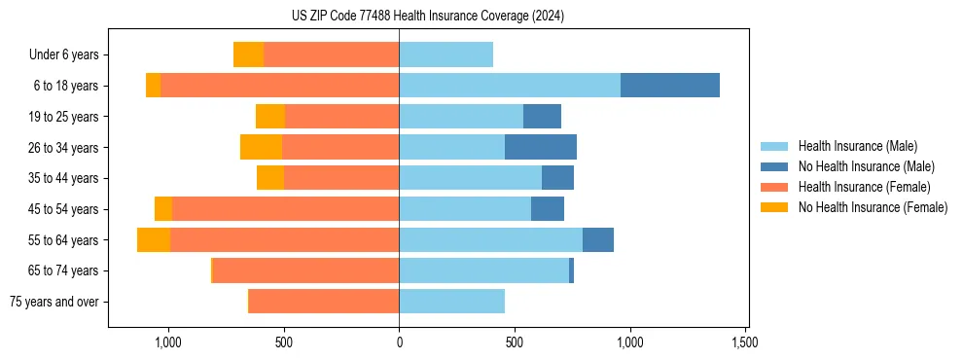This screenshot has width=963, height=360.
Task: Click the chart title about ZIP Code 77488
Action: (x=427, y=17)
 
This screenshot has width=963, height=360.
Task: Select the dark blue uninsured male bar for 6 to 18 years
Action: (x=670, y=86)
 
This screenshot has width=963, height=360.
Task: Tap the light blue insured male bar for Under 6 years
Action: (x=446, y=54)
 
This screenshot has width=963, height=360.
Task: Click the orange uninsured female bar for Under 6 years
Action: (x=248, y=54)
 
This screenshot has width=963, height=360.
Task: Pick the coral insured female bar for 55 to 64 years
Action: (x=284, y=239)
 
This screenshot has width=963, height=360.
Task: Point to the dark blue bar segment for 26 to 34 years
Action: (x=541, y=147)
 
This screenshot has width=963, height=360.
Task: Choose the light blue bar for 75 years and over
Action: (x=451, y=302)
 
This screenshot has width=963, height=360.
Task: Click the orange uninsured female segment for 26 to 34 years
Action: (x=261, y=147)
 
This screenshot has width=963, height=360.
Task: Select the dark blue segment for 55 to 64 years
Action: (x=598, y=239)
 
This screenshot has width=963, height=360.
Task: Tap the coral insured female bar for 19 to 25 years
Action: (x=341, y=117)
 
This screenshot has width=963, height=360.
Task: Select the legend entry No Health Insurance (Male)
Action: (x=866, y=166)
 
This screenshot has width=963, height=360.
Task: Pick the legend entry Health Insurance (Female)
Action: (x=864, y=187)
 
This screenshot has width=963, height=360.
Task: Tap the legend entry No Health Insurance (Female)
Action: (x=873, y=207)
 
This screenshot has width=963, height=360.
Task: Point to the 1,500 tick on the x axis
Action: (x=745, y=342)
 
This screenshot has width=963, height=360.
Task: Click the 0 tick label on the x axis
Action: (x=399, y=342)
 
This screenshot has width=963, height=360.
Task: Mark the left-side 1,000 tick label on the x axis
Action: (x=168, y=342)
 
